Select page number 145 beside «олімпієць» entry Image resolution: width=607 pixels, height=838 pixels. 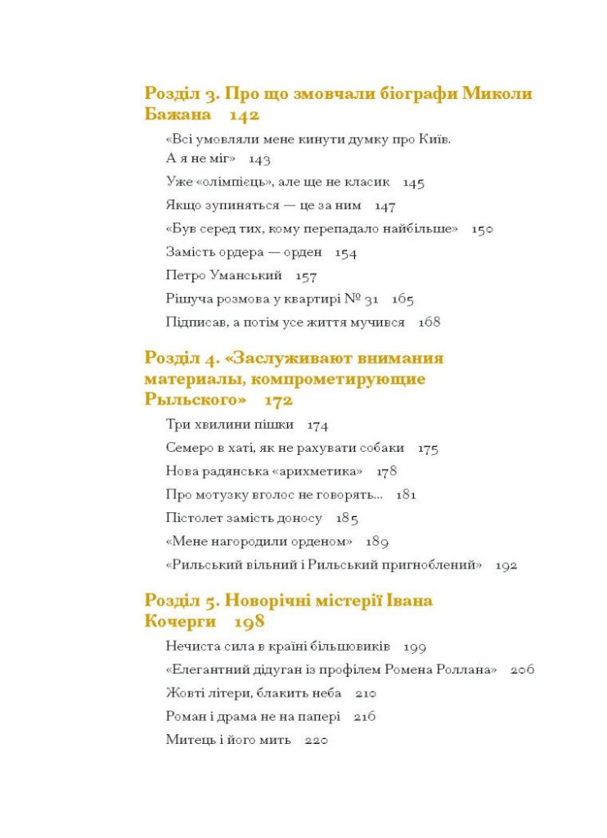point(413,182)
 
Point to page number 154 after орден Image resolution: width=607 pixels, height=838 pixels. point(346,254)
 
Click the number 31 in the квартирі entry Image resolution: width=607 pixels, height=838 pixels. point(371,300)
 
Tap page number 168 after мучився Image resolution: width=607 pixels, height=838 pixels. point(429,322)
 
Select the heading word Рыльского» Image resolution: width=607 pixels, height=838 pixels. point(196,400)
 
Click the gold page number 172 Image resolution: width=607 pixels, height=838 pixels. point(279,400)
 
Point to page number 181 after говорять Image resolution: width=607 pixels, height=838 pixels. point(407,495)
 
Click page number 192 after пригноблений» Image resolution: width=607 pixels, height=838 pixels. point(506,565)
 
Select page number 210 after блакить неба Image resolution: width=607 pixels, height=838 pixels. point(366,694)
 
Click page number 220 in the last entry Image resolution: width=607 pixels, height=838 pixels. point(316,741)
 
